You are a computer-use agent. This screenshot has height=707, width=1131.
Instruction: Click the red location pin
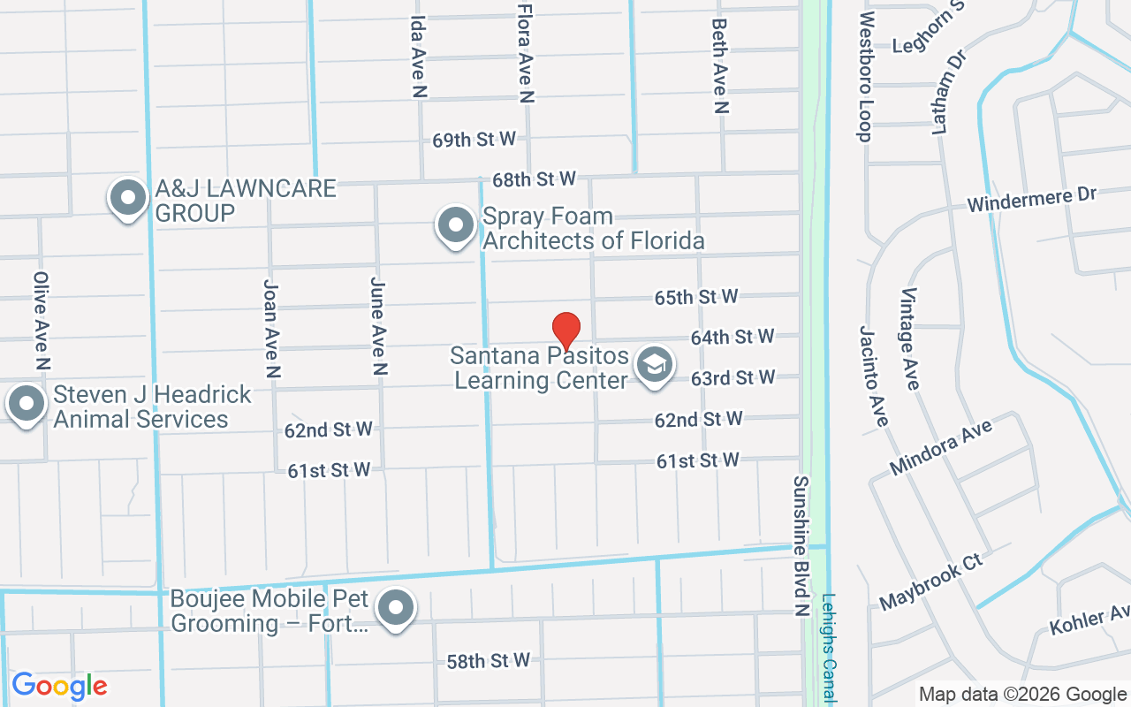click(x=566, y=331)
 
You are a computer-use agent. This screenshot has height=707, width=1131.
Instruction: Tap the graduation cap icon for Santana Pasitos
click(x=655, y=364)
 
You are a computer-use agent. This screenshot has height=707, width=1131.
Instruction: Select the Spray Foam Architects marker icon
click(x=456, y=224)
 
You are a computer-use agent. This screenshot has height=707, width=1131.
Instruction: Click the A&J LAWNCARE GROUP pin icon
click(x=128, y=198)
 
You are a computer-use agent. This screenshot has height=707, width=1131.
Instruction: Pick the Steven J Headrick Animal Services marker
click(x=27, y=404)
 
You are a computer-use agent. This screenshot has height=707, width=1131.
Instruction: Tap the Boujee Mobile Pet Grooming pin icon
click(x=396, y=608)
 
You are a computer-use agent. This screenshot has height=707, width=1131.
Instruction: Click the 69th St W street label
click(x=474, y=140)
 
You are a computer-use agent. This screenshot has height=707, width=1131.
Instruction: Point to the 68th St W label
click(x=534, y=179)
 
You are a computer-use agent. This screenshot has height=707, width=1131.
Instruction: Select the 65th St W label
click(x=696, y=297)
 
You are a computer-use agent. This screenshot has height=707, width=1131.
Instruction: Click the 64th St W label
click(x=732, y=337)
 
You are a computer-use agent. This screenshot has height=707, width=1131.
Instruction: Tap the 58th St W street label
click(x=488, y=660)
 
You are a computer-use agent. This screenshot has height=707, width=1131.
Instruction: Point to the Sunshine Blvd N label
click(x=801, y=545)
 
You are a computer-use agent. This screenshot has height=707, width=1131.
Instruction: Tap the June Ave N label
click(x=378, y=327)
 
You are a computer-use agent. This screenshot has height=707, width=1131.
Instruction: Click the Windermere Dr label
click(x=1031, y=200)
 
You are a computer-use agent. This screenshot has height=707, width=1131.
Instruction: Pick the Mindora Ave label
click(x=941, y=447)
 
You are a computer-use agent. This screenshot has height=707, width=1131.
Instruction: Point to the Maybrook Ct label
click(x=931, y=582)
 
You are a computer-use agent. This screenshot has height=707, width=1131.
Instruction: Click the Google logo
click(x=59, y=686)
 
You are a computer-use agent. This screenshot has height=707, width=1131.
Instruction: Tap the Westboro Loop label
click(x=865, y=76)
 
